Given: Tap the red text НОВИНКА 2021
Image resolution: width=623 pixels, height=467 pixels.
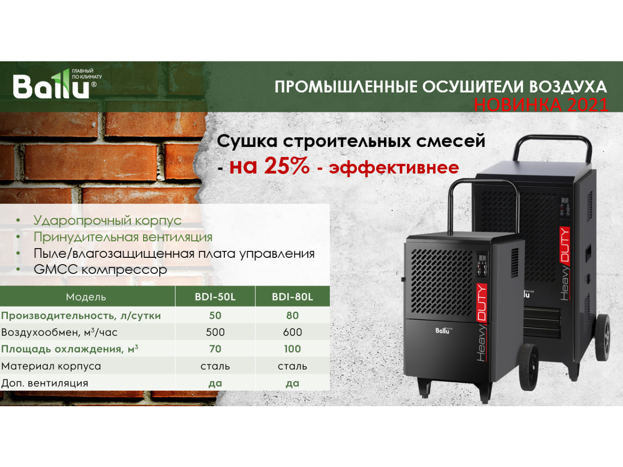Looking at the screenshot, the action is tap(541, 104).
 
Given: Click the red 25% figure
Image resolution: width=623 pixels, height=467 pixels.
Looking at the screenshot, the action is tap(287, 166).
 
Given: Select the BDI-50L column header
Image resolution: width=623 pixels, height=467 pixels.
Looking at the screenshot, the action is tap(215, 297).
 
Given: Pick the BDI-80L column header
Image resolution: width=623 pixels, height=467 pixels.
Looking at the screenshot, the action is tap(293, 297).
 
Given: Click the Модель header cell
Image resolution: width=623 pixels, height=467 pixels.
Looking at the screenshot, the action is tap(86, 297).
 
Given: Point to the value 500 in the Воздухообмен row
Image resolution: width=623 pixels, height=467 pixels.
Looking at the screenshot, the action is tap(215, 332).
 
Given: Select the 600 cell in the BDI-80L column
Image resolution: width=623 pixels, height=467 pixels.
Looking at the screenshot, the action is tap(293, 332).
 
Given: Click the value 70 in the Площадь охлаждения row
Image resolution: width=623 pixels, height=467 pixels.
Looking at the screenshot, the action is tap(215, 349).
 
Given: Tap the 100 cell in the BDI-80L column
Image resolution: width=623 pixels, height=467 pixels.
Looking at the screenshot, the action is tap(293, 349).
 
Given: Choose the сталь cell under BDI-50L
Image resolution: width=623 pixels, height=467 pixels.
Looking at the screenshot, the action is tap(215, 366).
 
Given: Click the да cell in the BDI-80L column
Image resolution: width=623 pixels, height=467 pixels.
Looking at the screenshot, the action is tap(293, 383).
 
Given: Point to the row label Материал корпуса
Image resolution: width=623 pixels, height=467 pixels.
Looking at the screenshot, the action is tap(51, 366).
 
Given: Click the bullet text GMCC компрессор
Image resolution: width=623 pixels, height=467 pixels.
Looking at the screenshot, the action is tap(100, 269).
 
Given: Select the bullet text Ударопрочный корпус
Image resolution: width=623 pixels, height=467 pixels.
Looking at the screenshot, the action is tap(108, 220).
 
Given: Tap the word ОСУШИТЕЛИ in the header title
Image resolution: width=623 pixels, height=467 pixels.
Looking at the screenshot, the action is tap(473, 87).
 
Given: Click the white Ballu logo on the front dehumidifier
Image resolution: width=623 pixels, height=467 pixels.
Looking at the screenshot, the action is tap(443, 330).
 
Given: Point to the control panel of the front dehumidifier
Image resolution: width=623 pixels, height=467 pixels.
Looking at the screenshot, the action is tap(482, 264).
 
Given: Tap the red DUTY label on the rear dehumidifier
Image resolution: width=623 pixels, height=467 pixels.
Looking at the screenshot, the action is tap(565, 244).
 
